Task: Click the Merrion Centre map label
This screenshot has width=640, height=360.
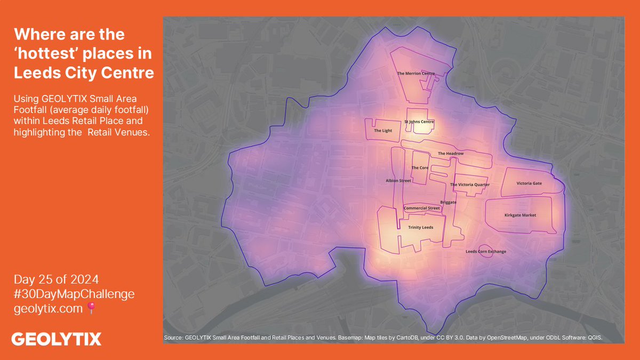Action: click(416, 74)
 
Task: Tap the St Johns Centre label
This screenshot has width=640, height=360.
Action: click(419, 122)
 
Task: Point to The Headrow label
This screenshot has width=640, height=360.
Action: click(451, 154)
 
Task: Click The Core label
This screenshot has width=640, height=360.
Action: click(420, 167)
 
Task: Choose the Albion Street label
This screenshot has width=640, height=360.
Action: click(398, 181)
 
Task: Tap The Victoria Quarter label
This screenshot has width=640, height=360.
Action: click(470, 185)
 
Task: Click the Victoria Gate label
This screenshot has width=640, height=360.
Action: click(529, 183)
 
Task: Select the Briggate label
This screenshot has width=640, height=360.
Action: click(449, 202)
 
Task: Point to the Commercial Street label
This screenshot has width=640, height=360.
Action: click(422, 208)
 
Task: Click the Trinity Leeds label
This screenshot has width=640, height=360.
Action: click(421, 227)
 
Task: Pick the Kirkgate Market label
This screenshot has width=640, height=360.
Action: click(520, 215)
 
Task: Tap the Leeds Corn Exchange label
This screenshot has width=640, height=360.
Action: click(486, 251)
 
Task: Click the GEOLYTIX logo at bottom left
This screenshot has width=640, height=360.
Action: click(57, 339)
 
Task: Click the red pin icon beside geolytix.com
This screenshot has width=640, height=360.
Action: click(91, 308)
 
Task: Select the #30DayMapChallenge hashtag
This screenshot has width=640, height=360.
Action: click(74, 294)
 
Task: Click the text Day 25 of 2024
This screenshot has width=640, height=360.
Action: click(57, 279)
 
